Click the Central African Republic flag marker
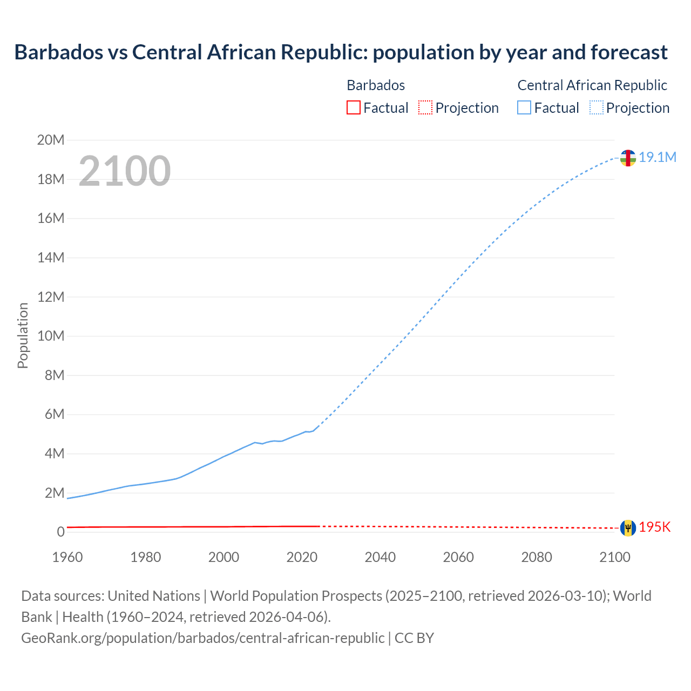click(628, 158)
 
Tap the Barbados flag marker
click(628, 528)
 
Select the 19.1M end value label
click(658, 157)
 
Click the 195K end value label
click(655, 527)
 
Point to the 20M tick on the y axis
click(51, 140)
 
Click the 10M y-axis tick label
click(51, 336)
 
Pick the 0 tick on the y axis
click(60, 532)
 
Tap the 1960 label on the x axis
click(67, 557)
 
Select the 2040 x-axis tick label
click(380, 557)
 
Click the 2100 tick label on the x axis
click(615, 557)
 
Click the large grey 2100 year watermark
click(125, 171)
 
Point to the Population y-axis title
click(23, 335)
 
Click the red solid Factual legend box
click(353, 107)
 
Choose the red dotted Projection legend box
click(425, 107)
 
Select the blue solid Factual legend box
click(524, 107)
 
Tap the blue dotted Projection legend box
click(597, 107)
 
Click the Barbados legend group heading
click(376, 85)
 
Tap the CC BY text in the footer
click(414, 638)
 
